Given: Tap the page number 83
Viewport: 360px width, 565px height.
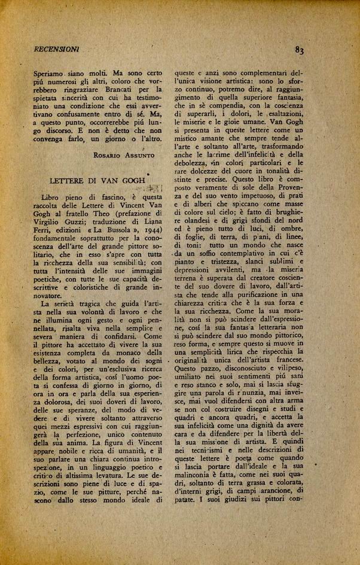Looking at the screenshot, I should click(300, 51).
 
